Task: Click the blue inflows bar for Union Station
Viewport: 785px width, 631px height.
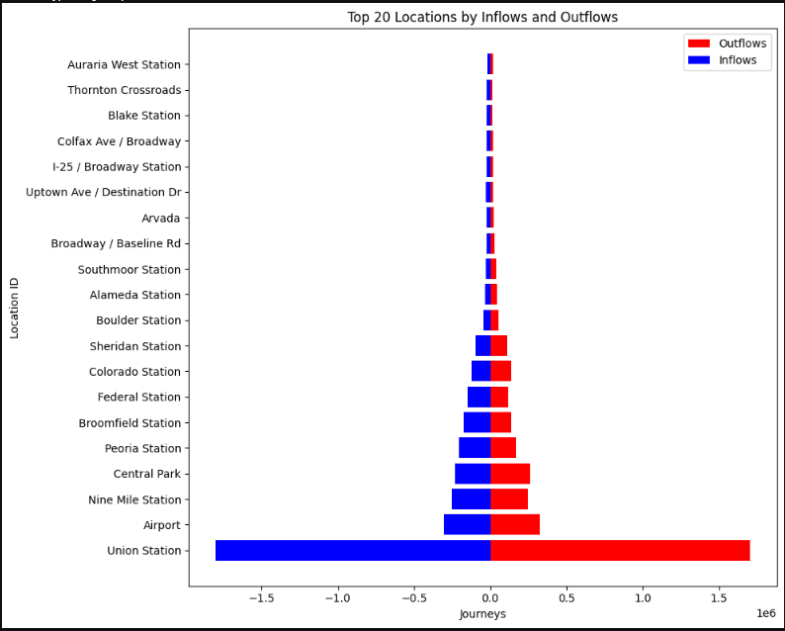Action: click(x=353, y=551)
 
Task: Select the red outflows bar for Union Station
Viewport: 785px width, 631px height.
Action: click(x=620, y=551)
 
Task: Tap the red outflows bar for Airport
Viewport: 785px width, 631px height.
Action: click(x=515, y=525)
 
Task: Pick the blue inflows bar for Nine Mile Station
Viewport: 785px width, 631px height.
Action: click(x=472, y=499)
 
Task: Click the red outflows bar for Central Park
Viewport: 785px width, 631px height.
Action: click(x=510, y=474)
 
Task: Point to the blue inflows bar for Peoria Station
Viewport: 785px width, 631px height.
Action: click(x=475, y=448)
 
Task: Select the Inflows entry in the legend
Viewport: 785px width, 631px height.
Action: click(x=737, y=60)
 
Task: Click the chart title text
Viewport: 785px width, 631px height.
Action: click(x=482, y=18)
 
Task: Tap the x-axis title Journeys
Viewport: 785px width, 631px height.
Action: click(x=482, y=614)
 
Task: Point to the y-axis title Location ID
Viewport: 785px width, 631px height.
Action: click(x=15, y=308)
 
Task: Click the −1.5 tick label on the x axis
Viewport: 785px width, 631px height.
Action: click(x=262, y=597)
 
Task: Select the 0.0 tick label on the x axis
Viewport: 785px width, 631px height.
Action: click(x=490, y=597)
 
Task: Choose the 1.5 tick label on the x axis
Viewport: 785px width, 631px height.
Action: click(x=719, y=597)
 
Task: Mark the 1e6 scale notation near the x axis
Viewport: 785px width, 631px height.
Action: click(x=765, y=613)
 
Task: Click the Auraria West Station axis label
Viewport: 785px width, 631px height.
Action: click(x=124, y=65)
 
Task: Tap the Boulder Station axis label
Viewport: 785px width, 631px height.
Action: click(x=138, y=320)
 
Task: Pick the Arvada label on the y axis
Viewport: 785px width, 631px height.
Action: click(x=161, y=219)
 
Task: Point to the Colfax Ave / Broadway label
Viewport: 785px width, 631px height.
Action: click(x=119, y=141)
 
